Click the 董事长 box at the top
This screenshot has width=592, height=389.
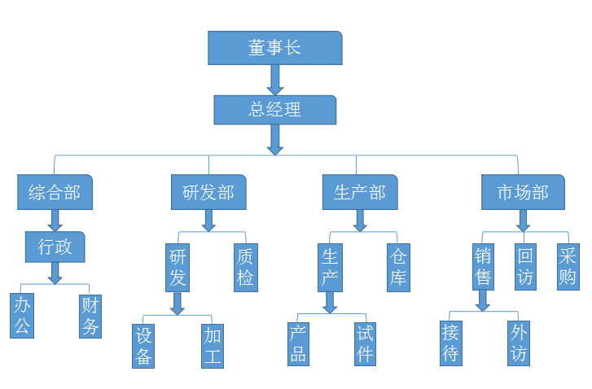point(274,48)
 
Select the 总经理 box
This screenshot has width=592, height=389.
point(274,110)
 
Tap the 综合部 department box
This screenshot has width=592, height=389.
point(55,192)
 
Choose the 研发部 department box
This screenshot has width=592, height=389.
point(208,192)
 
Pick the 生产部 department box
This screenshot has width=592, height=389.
point(359,192)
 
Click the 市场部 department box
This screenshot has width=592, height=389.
point(522,192)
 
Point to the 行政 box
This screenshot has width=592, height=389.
point(55,247)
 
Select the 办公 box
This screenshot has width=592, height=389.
point(22,317)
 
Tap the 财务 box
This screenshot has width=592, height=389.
point(90,317)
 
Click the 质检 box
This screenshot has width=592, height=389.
point(245,268)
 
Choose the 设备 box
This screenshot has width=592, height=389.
point(144,345)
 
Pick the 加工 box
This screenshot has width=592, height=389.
point(213,345)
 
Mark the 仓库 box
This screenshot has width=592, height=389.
point(397,268)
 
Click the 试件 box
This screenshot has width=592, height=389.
point(365,343)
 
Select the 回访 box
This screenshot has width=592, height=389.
point(526,266)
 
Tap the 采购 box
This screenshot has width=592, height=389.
point(568,266)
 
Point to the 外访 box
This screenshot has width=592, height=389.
point(518,343)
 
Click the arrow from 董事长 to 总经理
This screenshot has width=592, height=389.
point(275,80)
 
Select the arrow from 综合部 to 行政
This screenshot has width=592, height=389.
point(55,221)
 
